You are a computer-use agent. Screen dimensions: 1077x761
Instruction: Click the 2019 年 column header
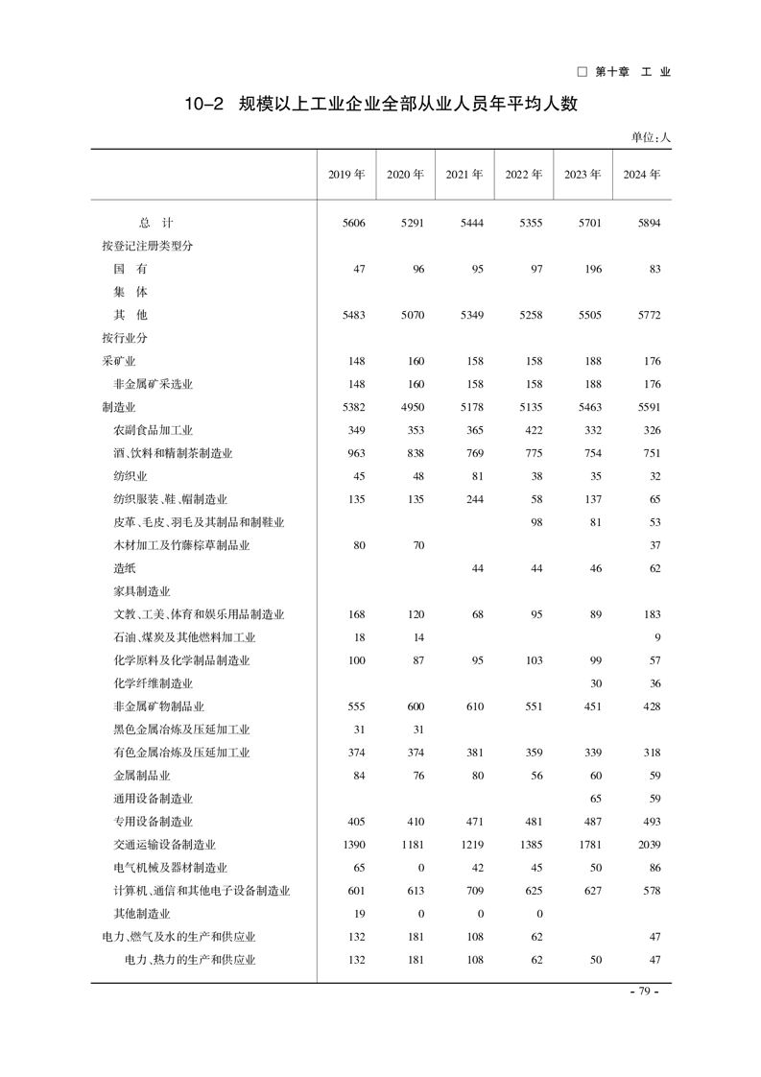(346, 175)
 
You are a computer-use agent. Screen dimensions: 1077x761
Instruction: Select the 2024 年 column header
(642, 175)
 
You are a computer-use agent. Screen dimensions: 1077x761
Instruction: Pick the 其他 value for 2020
(413, 315)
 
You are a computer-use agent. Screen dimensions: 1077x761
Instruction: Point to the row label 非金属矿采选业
(153, 384)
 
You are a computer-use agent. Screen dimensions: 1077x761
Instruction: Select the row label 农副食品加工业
(153, 430)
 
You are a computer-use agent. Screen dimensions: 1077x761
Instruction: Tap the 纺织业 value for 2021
(474, 476)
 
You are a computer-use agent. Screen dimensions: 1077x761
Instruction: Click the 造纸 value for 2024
(654, 568)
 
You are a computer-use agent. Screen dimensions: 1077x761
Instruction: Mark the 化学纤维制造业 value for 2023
(595, 683)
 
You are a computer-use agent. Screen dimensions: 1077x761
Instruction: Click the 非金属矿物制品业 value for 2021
(472, 706)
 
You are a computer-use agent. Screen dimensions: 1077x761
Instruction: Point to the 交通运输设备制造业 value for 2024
(649, 845)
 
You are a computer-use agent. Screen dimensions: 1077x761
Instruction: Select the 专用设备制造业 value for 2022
(532, 822)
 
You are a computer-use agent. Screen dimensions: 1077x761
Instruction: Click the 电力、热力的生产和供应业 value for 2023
(595, 960)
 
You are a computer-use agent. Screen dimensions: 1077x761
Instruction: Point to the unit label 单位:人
(651, 137)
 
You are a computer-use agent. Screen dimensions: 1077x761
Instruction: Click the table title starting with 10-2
(381, 103)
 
